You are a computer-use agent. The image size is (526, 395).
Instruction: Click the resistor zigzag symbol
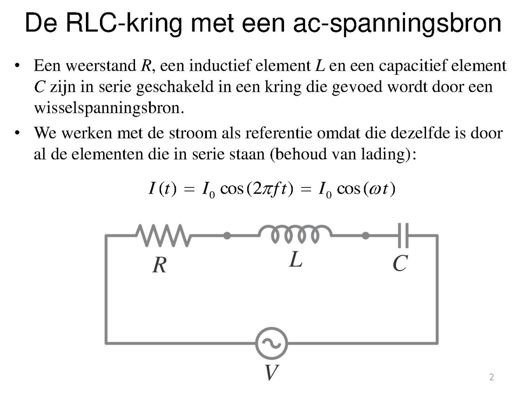tap(163, 236)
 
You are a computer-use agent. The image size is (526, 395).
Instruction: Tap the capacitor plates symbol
tap(403, 236)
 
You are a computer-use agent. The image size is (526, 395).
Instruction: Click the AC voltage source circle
tap(271, 343)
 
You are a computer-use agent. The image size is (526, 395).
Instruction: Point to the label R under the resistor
tap(160, 265)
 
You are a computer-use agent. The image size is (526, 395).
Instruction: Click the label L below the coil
tap(296, 259)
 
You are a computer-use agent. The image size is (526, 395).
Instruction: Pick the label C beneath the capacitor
tap(400, 263)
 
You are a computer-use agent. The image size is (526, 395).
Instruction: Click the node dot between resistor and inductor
tap(227, 236)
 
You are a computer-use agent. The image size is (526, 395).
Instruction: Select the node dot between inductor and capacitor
tap(365, 236)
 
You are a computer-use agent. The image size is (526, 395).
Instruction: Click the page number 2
tap(491, 377)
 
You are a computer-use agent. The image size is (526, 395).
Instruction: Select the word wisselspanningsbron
tap(109, 108)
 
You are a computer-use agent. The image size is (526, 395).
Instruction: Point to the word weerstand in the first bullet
tap(101, 65)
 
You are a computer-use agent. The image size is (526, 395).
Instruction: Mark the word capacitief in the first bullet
tap(413, 65)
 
